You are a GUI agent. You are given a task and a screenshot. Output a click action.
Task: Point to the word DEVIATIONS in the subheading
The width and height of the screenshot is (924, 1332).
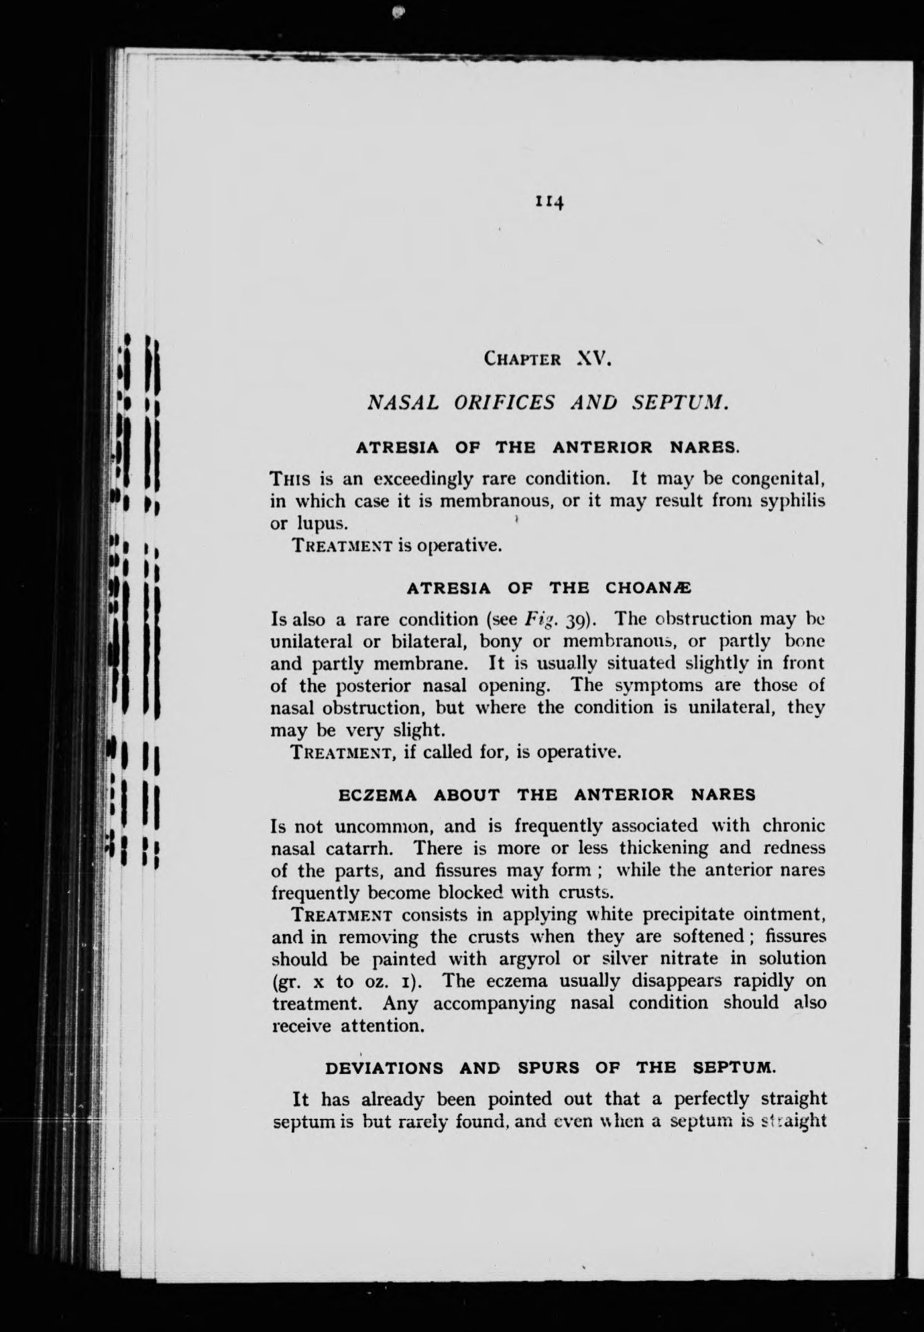(x=384, y=1068)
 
